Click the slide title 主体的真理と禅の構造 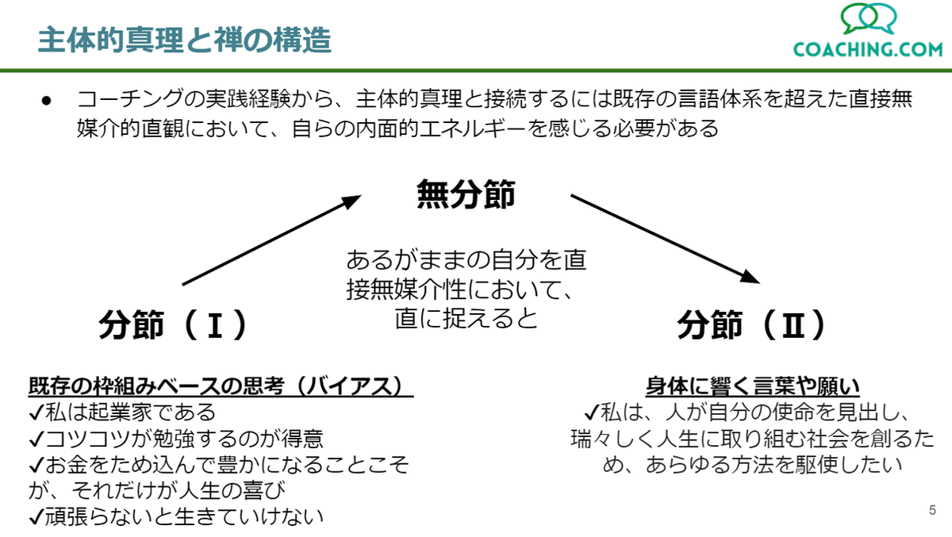tap(184, 40)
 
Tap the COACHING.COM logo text tap(868, 49)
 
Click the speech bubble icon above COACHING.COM tap(868, 18)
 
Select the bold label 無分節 tap(466, 194)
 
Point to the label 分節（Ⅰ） tap(173, 324)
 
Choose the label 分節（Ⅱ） tap(751, 324)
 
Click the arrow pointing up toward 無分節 tap(271, 240)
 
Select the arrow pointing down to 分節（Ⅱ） tap(665, 239)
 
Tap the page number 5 tap(932, 510)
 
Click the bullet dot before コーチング tap(46, 101)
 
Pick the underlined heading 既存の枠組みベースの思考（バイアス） tap(221, 386)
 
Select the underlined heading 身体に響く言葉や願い tap(752, 386)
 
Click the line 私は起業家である tap(122, 412)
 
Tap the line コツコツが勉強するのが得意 tap(176, 438)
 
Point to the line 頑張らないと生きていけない tap(176, 517)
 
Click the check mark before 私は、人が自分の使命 tap(592, 412)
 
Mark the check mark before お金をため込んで tap(36, 465)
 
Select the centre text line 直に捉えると tap(466, 318)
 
